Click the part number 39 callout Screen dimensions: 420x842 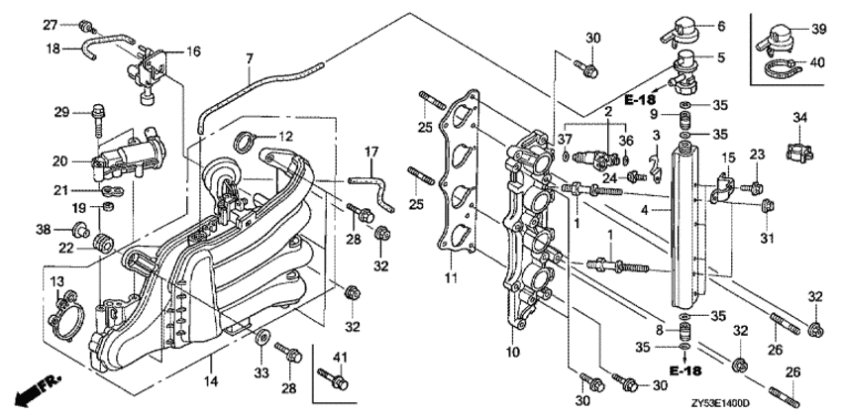(817, 30)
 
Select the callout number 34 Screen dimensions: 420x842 (800, 118)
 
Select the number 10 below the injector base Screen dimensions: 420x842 (512, 352)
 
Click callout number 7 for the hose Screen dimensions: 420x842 (249, 58)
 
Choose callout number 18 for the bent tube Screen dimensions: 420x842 (54, 47)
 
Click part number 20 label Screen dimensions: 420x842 (58, 159)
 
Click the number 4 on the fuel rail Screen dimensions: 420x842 (645, 210)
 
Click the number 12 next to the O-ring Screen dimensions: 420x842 (285, 135)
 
